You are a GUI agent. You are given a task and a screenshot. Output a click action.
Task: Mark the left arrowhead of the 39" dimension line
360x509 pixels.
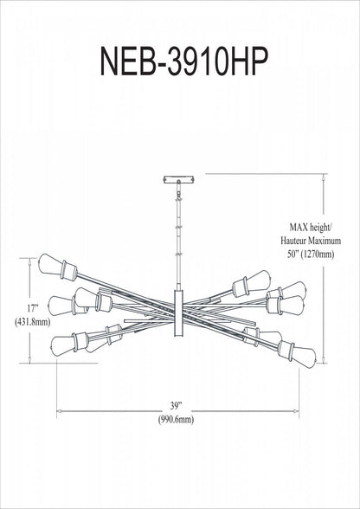59,409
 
